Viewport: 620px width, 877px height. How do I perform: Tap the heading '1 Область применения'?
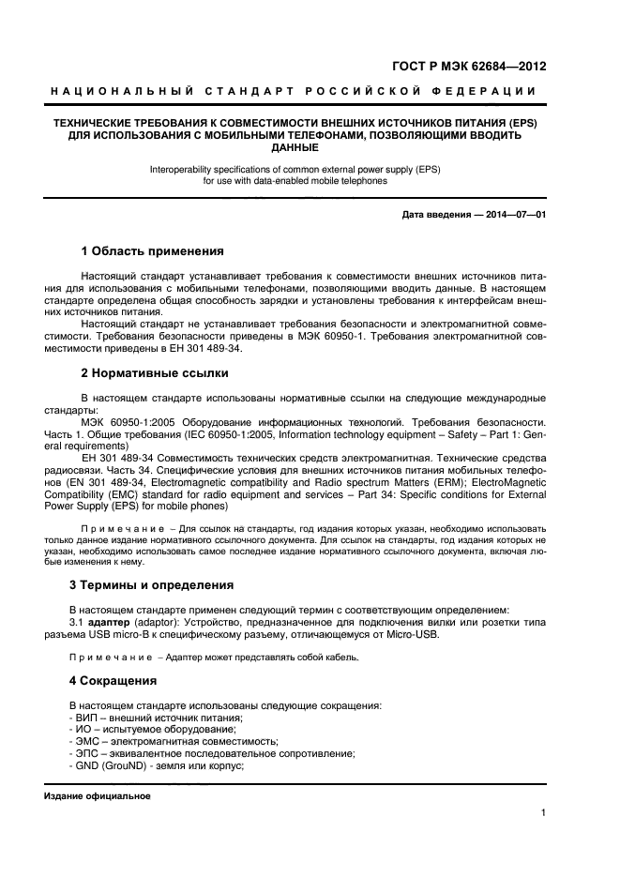tap(152, 251)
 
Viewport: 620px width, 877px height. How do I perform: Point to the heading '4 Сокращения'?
tap(119, 680)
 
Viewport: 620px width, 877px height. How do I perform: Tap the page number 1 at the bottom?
tap(543, 813)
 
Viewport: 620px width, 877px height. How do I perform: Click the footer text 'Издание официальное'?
tap(98, 796)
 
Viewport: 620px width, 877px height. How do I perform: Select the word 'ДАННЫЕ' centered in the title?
tap(295, 147)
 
